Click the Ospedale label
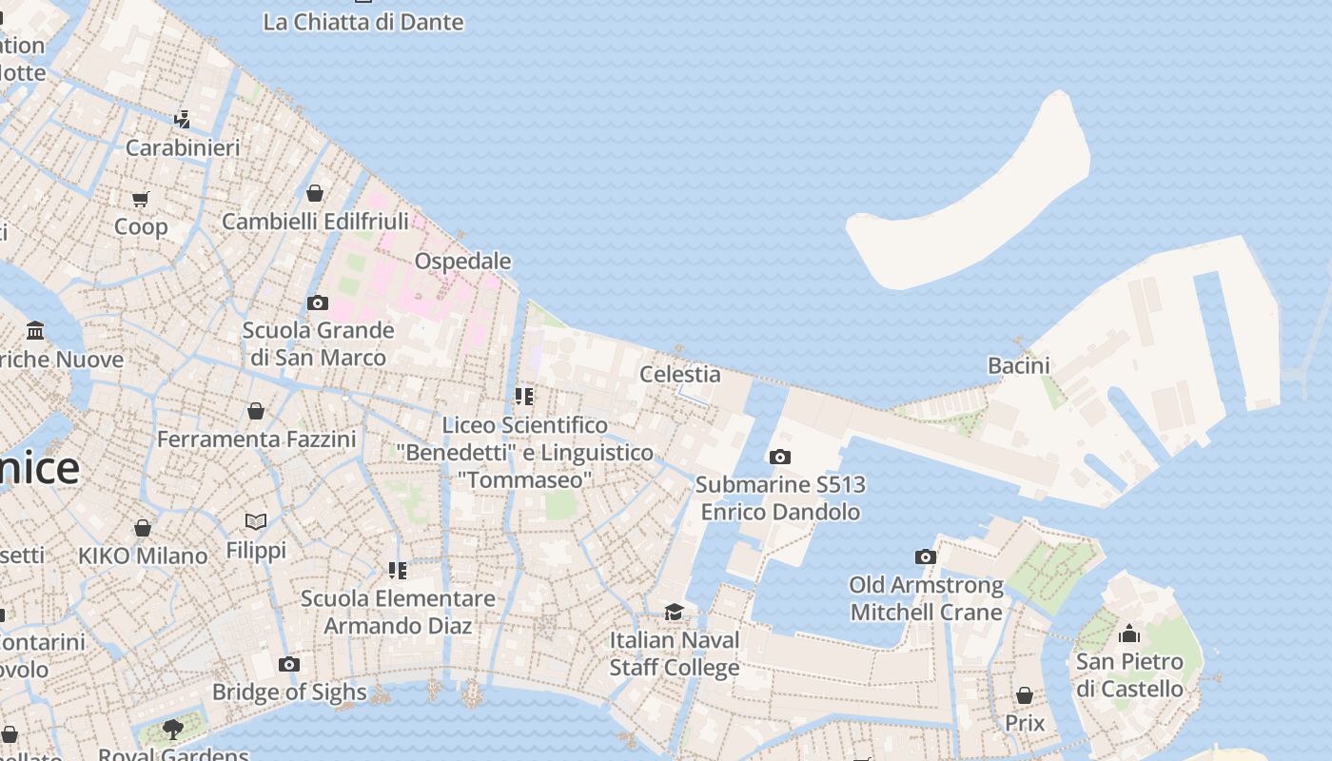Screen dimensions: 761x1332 [462, 261]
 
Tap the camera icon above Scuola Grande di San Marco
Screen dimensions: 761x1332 [318, 303]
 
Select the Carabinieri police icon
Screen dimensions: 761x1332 [182, 120]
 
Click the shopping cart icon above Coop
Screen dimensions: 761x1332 [141, 199]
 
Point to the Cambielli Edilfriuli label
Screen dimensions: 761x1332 [315, 222]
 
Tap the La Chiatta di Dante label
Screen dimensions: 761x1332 [363, 22]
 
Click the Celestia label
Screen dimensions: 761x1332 [679, 374]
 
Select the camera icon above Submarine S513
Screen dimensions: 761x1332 [779, 458]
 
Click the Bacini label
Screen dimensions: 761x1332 [1018, 365]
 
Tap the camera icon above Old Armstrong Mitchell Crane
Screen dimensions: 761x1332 [926, 557]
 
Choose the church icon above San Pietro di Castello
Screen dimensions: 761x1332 [1129, 634]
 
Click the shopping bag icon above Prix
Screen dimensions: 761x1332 [1025, 696]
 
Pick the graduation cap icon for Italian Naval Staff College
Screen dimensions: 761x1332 [674, 613]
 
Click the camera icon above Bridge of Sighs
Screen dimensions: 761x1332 [289, 664]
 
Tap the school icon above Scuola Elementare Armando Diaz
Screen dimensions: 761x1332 [398, 571]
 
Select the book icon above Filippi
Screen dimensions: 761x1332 [256, 521]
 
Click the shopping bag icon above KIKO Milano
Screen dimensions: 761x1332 [143, 528]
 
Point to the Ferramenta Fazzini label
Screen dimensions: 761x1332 [256, 439]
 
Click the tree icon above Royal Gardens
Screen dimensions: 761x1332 [173, 730]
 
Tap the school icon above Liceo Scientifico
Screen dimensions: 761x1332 [523, 397]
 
